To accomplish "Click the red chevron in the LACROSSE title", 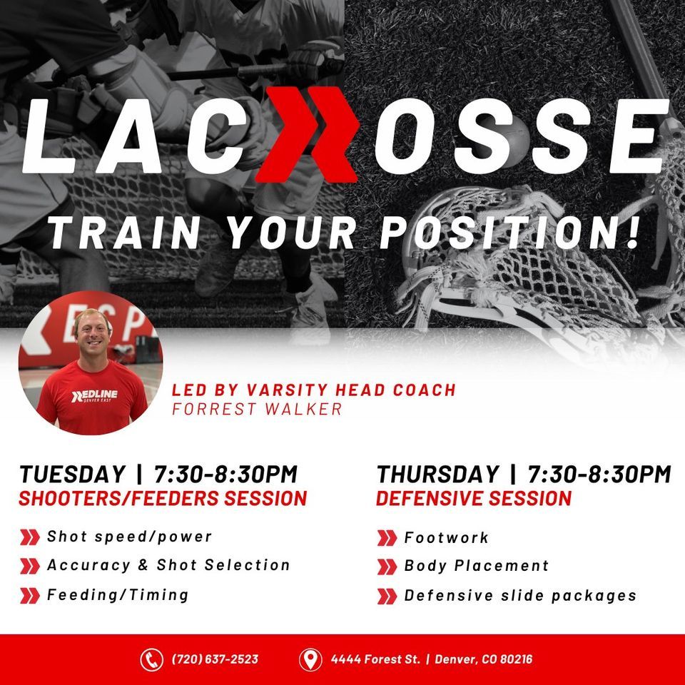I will (x=307, y=140).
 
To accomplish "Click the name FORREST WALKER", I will (x=257, y=410).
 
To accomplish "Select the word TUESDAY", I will (x=72, y=474).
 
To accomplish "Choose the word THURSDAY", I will (x=438, y=474).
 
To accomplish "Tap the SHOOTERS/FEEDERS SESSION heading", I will (x=163, y=498).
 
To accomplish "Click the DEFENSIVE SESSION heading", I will (x=474, y=498).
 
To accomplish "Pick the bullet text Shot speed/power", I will (x=129, y=537).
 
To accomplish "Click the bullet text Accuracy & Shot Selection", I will (x=168, y=565).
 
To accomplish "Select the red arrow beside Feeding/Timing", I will (x=30, y=595).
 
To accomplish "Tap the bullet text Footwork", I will (x=447, y=537).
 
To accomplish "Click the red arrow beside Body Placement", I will (x=386, y=567).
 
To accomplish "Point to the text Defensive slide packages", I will (x=520, y=595).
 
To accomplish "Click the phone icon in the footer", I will (x=151, y=659).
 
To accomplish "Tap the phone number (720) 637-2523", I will (x=215, y=659).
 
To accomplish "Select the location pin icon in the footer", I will (x=309, y=659).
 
